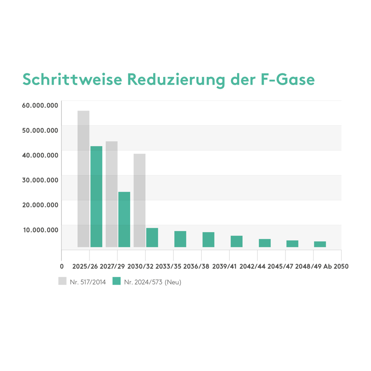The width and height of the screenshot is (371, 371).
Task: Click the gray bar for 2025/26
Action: pyautogui.click(x=83, y=179)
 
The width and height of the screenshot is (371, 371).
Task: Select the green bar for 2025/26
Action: pyautogui.click(x=96, y=196)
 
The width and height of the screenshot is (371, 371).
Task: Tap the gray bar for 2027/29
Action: pyautogui.click(x=111, y=194)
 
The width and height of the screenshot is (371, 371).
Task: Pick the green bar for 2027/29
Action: pyautogui.click(x=124, y=220)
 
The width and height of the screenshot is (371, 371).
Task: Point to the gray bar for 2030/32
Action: pyautogui.click(x=139, y=200)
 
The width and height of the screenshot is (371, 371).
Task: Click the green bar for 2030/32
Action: pyautogui.click(x=152, y=237)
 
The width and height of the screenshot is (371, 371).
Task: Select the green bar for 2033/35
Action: pyautogui.click(x=180, y=239)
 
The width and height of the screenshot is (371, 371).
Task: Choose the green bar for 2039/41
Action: pyautogui.click(x=237, y=241)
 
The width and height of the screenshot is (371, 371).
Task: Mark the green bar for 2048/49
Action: pyautogui.click(x=320, y=244)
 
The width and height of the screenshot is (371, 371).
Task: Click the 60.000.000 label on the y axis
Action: pyautogui.click(x=40, y=105)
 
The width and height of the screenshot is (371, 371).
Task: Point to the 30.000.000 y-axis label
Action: pyautogui.click(x=40, y=180)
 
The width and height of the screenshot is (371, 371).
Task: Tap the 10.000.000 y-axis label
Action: pyautogui.click(x=40, y=230)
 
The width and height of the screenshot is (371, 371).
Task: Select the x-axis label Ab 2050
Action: pyautogui.click(x=336, y=266)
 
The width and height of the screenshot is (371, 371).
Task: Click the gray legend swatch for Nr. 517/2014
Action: pyautogui.click(x=62, y=282)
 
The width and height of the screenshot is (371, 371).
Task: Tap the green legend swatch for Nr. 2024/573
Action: pyautogui.click(x=117, y=282)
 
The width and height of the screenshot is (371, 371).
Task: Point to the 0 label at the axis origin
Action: pyautogui.click(x=62, y=266)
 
